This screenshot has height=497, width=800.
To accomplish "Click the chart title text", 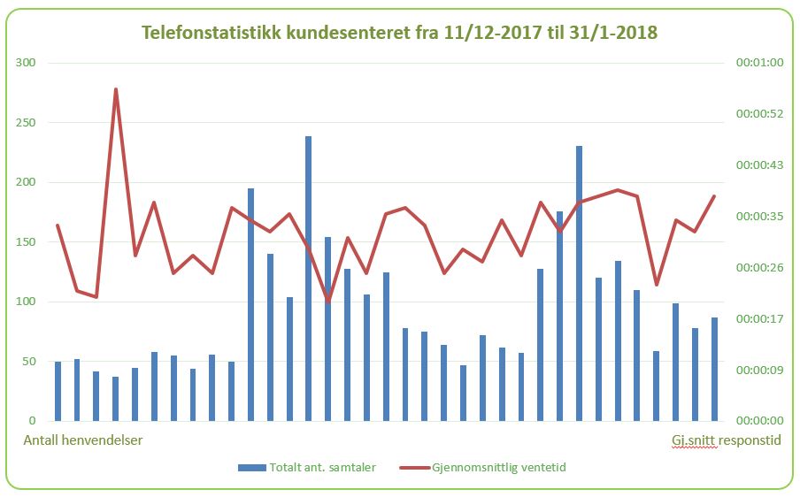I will point(400,33).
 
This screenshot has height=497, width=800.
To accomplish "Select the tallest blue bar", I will point(308,279).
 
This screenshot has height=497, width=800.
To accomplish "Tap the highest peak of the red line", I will point(116,89).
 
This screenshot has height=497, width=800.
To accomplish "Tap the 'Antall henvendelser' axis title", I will point(83,440).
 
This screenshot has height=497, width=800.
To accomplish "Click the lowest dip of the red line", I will point(328,302).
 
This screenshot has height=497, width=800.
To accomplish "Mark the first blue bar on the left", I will point(58,391).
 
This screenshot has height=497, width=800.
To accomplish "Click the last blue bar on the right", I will point(714,369).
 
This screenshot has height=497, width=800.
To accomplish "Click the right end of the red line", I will point(714,196).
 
